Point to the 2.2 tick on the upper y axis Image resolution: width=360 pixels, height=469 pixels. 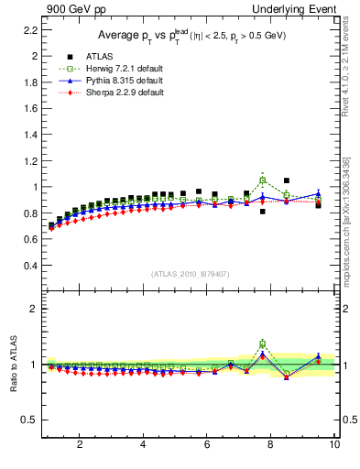pos(29,29)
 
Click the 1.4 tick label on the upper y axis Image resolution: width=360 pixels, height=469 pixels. pos(29,135)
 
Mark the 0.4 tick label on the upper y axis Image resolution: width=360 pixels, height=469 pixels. pos(29,266)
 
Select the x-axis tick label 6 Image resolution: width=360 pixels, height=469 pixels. pos(207,446)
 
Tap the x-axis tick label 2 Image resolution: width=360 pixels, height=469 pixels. pos(80,446)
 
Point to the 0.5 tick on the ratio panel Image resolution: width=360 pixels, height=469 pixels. pos(29,420)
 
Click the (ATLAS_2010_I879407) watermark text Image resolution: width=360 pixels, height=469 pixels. pos(190,274)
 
